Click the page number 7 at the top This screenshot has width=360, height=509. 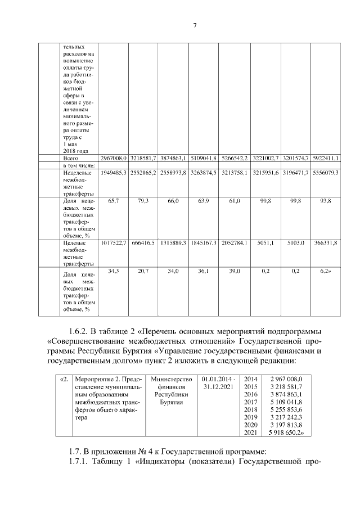[194, 25]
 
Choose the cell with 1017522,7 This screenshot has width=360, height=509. [114, 243]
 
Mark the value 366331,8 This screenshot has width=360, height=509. [326, 243]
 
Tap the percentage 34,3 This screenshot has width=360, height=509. [114, 271]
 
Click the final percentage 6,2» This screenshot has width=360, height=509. [326, 271]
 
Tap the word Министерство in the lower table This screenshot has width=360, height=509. [172, 379]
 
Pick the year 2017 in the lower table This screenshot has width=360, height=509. [251, 403]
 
